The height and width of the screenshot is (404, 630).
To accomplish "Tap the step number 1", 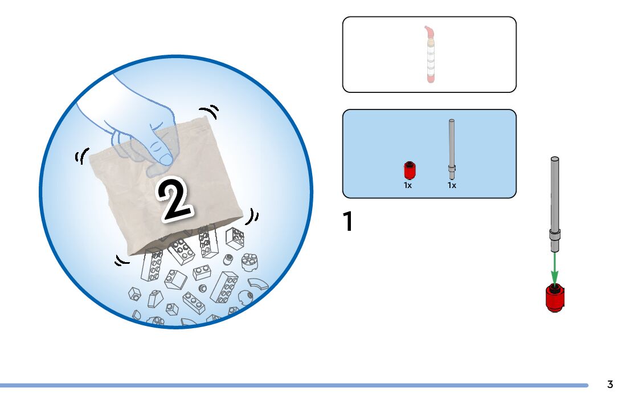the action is click(x=347, y=222).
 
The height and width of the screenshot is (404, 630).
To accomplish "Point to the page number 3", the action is click(x=610, y=385).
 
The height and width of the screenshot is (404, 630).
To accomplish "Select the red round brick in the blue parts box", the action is click(x=408, y=170).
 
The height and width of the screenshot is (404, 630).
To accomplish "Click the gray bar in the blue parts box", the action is click(x=452, y=146).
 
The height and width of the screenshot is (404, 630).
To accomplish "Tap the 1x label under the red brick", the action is click(x=408, y=185).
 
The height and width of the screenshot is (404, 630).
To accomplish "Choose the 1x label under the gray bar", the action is click(x=452, y=185).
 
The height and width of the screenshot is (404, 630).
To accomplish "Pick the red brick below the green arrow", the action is click(x=555, y=298).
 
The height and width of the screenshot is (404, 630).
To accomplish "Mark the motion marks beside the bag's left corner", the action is click(x=81, y=156).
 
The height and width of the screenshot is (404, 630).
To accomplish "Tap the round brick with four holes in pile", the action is click(x=249, y=261).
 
